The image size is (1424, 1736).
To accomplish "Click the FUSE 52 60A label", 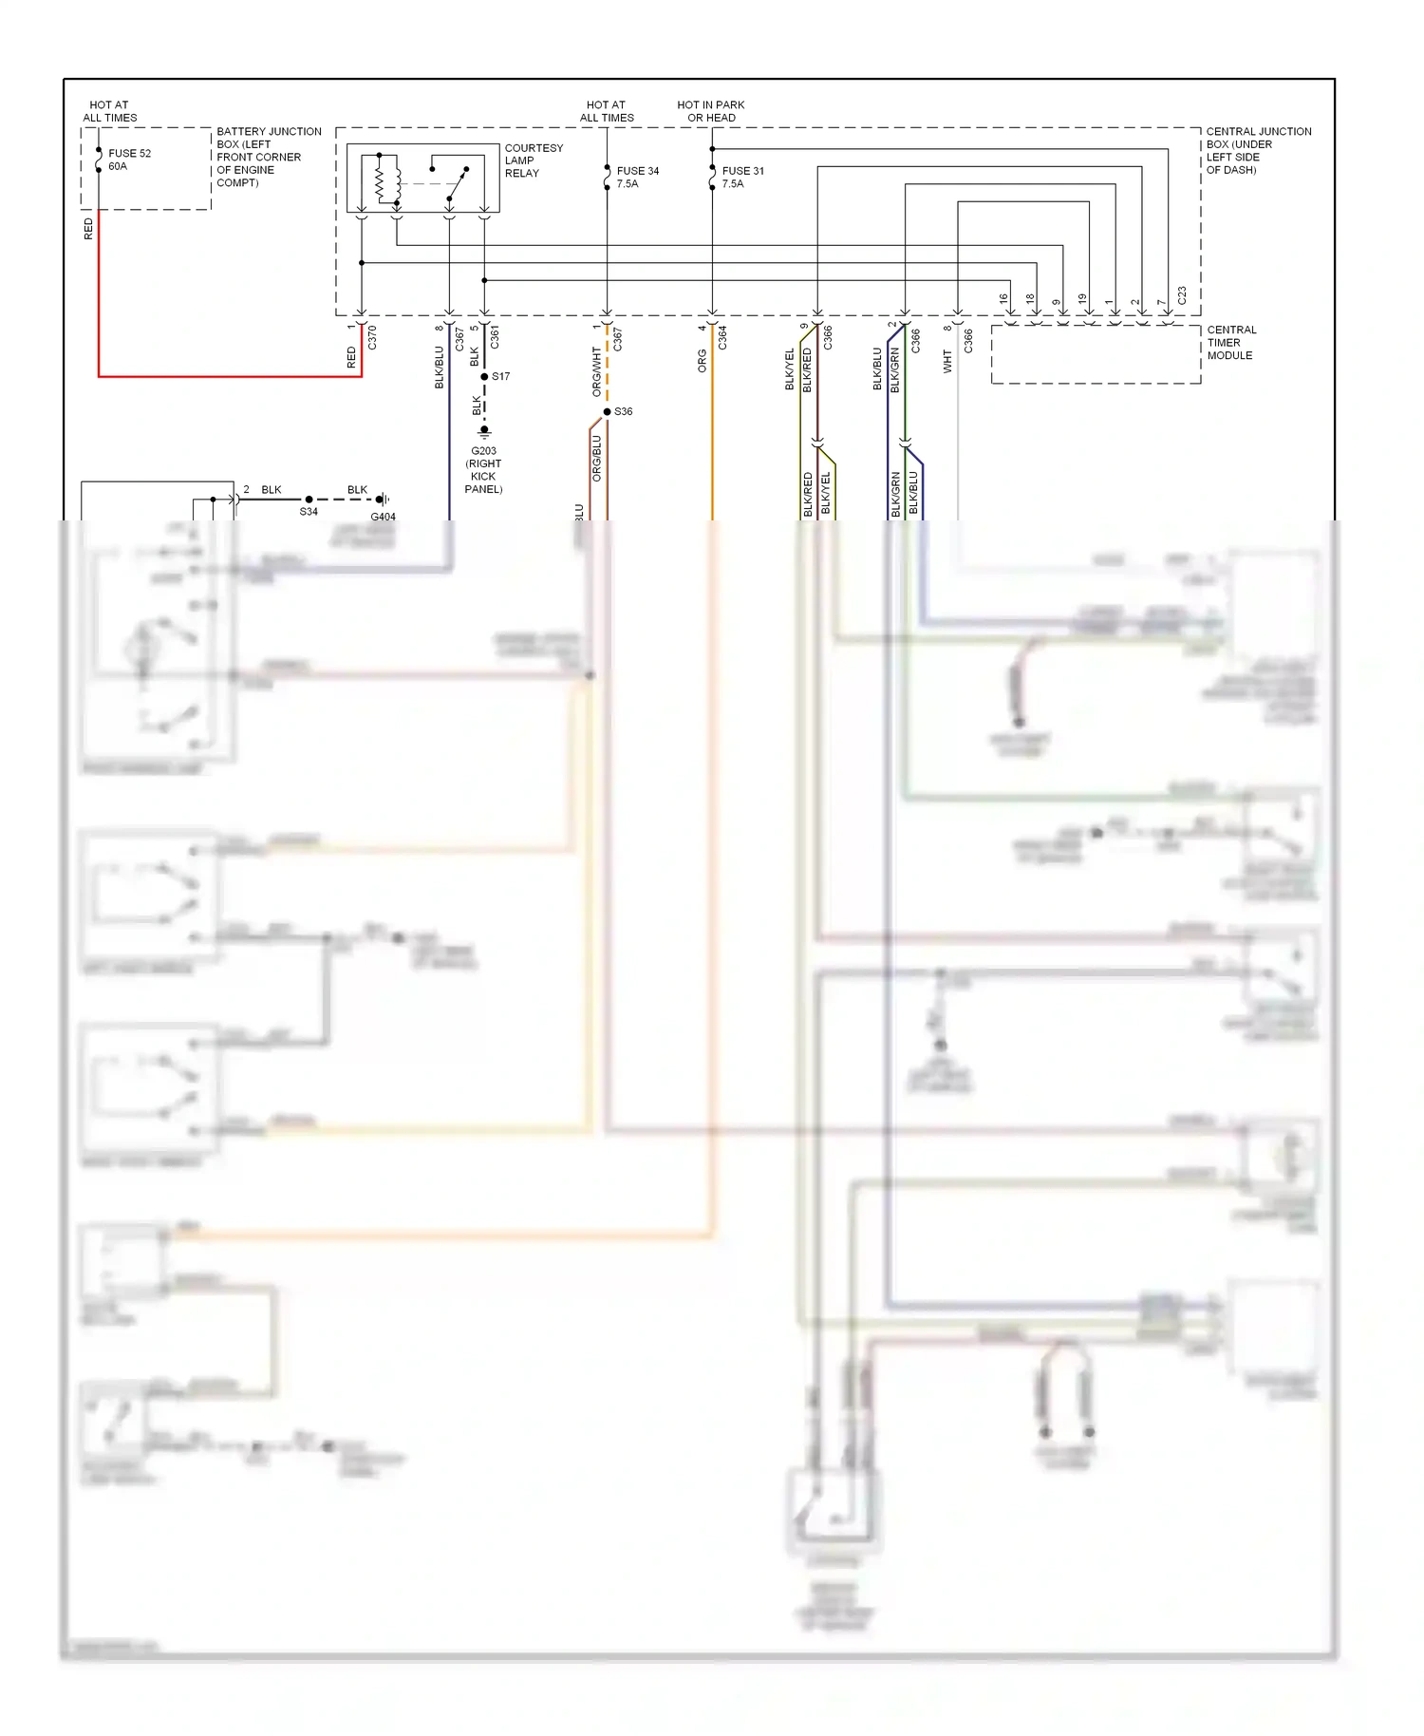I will pyautogui.click(x=129, y=160).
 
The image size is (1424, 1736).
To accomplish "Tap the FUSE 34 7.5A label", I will pyautogui.click(x=637, y=178).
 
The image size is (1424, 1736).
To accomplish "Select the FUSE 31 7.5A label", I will pyautogui.click(x=742, y=178).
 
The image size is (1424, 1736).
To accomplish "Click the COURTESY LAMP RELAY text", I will pyautogui.click(x=533, y=160).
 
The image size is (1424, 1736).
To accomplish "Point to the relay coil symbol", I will pyautogui.click(x=384, y=180).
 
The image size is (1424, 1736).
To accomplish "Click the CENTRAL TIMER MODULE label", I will pyautogui.click(x=1230, y=343).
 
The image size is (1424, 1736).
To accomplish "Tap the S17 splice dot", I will pyautogui.click(x=484, y=377).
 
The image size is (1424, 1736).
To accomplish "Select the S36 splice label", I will pyautogui.click(x=623, y=412).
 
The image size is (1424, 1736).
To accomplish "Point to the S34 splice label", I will pyautogui.click(x=309, y=512).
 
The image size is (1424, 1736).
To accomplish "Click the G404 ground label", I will pyautogui.click(x=383, y=517).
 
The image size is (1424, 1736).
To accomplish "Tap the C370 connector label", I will pyautogui.click(x=372, y=337).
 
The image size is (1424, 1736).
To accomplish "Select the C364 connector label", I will pyautogui.click(x=722, y=337).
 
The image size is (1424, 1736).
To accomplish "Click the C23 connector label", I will pyautogui.click(x=1182, y=295).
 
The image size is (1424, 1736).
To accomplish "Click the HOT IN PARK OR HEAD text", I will pyautogui.click(x=710, y=111).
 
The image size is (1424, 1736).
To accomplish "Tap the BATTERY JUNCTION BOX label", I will pyautogui.click(x=268, y=157).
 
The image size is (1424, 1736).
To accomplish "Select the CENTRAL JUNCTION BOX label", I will pyautogui.click(x=1258, y=150).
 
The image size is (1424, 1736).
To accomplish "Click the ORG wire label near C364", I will pyautogui.click(x=702, y=360).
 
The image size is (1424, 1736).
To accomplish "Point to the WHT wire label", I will pyautogui.click(x=946, y=360).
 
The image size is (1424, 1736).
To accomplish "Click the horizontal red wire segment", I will pyautogui.click(x=228, y=377).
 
